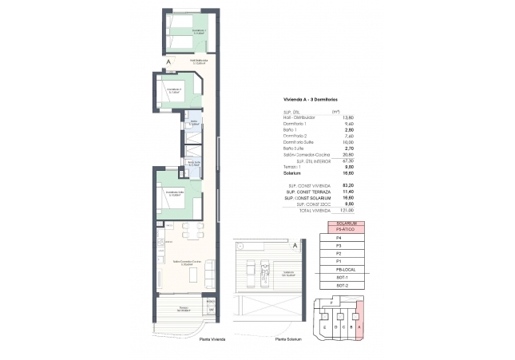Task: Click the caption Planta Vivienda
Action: (x=212, y=339)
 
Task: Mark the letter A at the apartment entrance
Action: (x=168, y=61)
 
